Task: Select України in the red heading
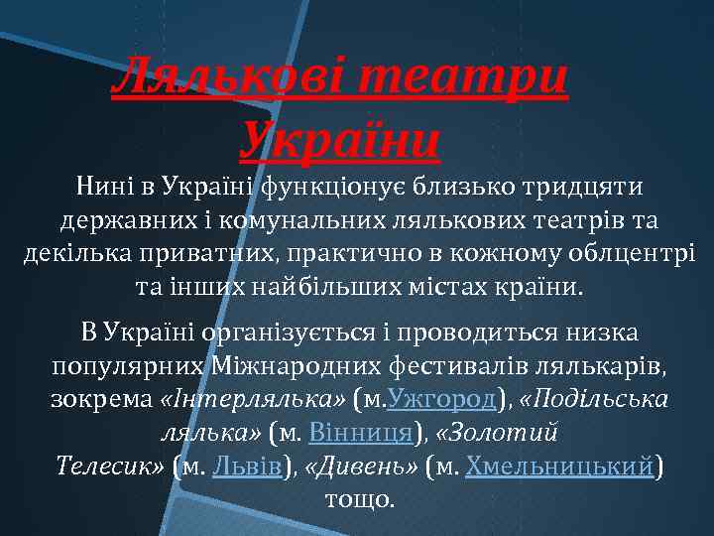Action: coord(340,140)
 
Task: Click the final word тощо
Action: coord(360,498)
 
